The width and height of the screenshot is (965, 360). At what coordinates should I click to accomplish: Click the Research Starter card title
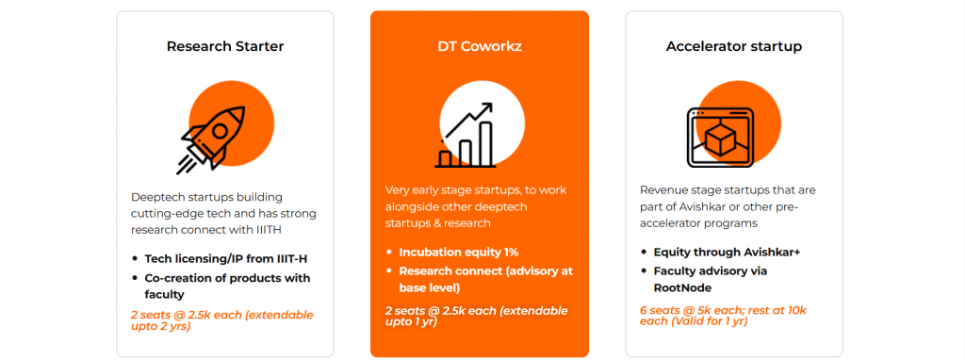tap(224, 46)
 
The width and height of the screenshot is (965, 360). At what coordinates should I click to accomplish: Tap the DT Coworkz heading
tap(480, 46)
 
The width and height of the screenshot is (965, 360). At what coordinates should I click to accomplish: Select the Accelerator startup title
tap(733, 46)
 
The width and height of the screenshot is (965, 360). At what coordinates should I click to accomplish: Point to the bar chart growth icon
tap(466, 136)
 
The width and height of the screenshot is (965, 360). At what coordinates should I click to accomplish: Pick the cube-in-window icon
tap(720, 138)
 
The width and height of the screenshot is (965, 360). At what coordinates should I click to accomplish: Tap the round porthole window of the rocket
tap(220, 130)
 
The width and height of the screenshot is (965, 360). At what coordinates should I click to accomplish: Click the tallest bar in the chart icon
tap(486, 144)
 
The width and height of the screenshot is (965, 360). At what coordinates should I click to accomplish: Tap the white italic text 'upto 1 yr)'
tap(411, 321)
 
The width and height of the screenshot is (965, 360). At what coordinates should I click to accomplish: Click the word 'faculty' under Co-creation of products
tap(164, 295)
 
